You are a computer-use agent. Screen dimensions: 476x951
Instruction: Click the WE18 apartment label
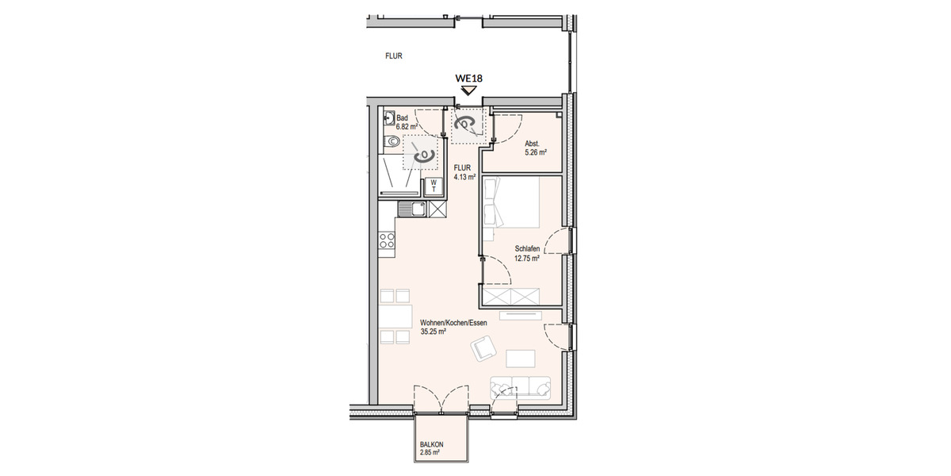point(468,78)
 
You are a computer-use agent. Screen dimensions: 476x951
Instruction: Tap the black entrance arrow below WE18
point(468,90)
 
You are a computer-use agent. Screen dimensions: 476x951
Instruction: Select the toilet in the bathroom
point(390,142)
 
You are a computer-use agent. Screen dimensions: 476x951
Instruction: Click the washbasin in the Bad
point(387,119)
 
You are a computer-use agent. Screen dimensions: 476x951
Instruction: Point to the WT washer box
point(433,186)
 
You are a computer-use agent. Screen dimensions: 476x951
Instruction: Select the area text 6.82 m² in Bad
point(407,126)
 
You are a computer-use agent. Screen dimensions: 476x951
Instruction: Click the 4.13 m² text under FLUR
point(464,178)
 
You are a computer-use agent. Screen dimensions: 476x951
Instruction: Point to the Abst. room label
point(533,144)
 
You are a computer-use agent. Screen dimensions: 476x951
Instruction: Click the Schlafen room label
point(527,248)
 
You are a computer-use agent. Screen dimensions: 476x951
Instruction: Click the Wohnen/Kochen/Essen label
point(453,323)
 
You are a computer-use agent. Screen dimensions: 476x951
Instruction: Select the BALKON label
point(432,444)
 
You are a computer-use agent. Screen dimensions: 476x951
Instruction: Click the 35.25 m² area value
point(433,332)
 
